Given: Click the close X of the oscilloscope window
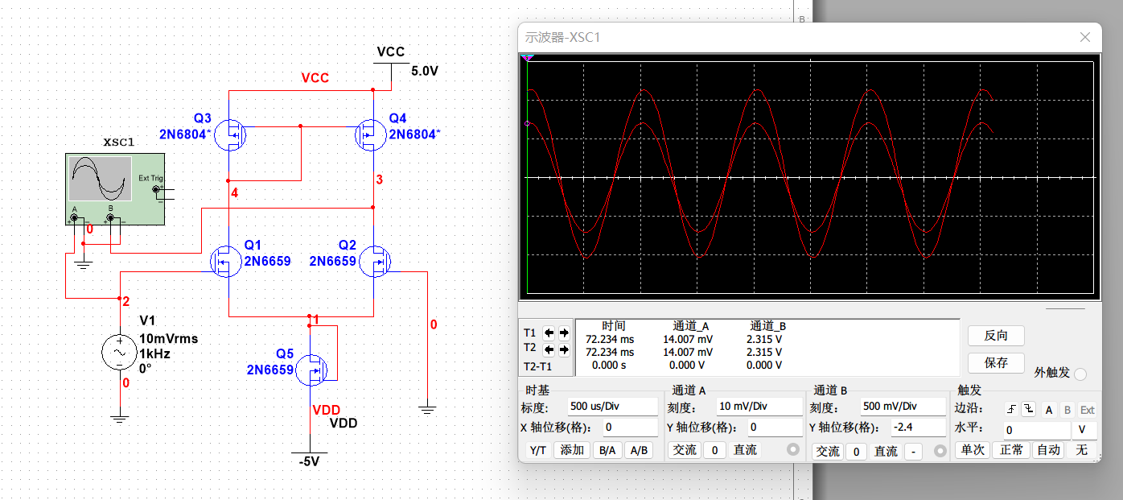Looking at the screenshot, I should pyautogui.click(x=1085, y=37).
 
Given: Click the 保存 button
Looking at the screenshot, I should pyautogui.click(x=996, y=362).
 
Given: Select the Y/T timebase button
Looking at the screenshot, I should pyautogui.click(x=537, y=450).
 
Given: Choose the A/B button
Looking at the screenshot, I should pyautogui.click(x=639, y=450).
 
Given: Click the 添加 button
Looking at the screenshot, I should pyautogui.click(x=572, y=450).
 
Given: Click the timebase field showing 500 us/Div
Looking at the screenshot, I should pyautogui.click(x=611, y=407).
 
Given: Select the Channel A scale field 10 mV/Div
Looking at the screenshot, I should pyautogui.click(x=759, y=407).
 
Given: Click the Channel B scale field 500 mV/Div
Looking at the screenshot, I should pyautogui.click(x=900, y=407).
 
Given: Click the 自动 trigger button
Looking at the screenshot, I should pyautogui.click(x=1048, y=450).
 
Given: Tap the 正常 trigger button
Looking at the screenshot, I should pyautogui.click(x=1011, y=450).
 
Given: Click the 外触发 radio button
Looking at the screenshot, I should pyautogui.click(x=1080, y=374).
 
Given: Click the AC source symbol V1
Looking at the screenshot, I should pyautogui.click(x=120, y=353).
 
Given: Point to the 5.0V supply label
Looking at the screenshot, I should pyautogui.click(x=425, y=71).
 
